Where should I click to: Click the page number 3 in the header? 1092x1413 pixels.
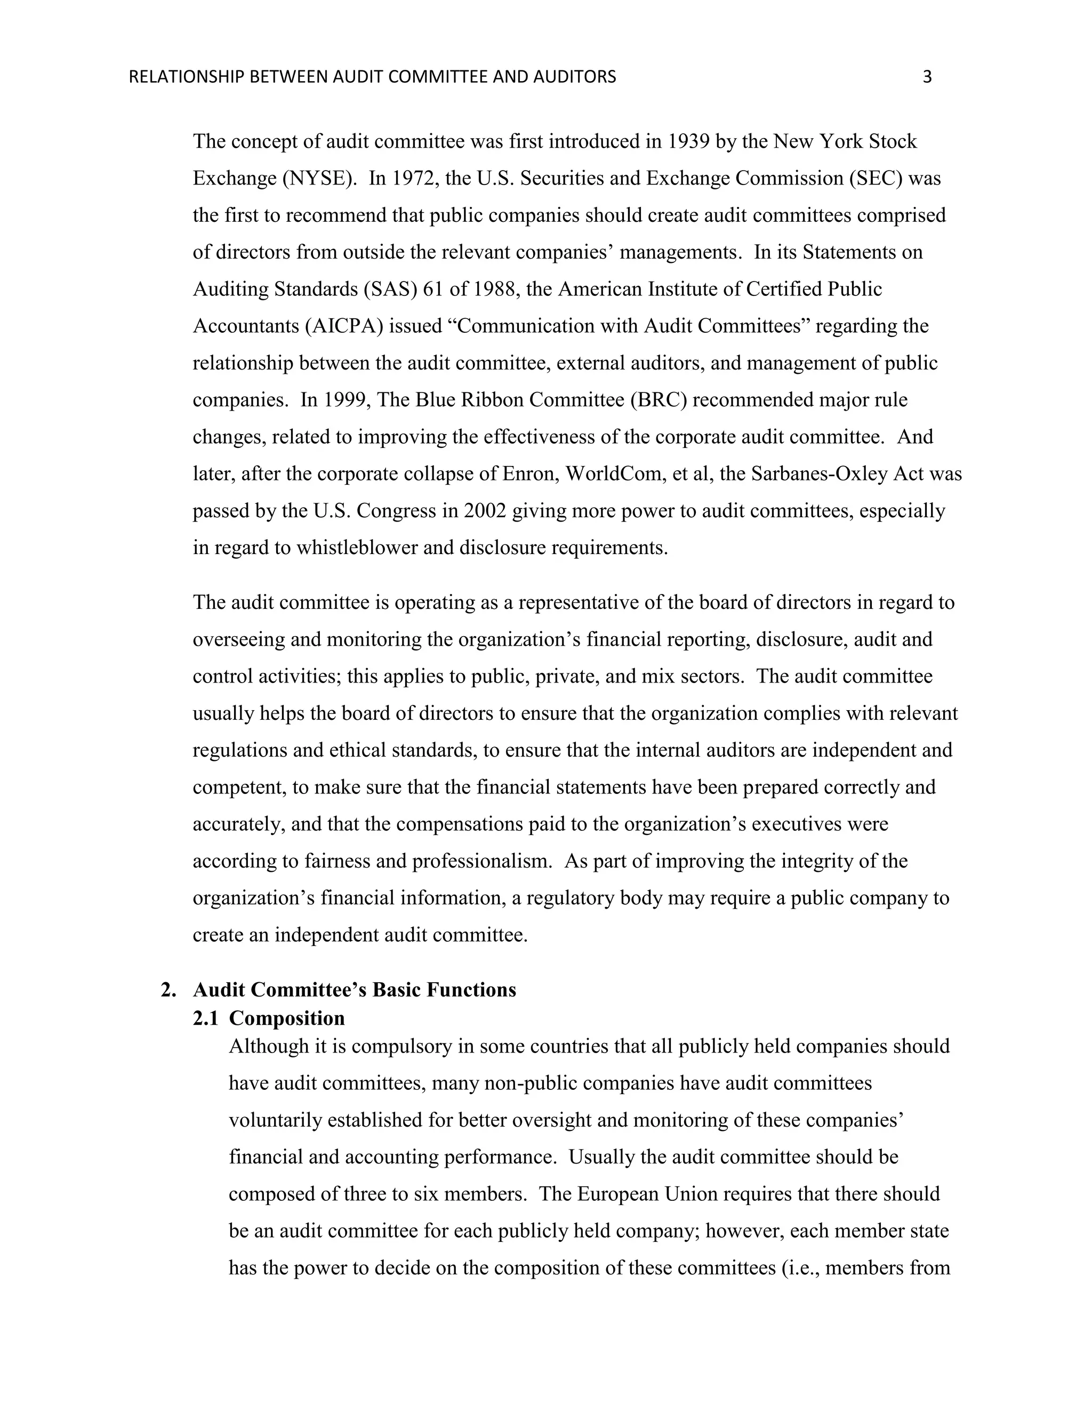click(927, 77)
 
